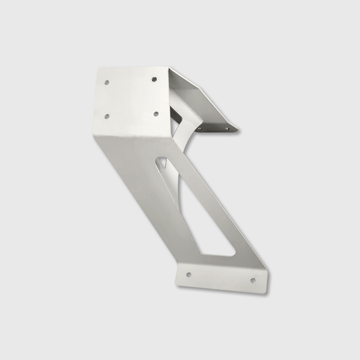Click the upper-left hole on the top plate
[x=107, y=82]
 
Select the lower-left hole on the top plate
[x=107, y=115]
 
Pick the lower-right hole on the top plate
[x=155, y=113]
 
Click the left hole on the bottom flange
[x=189, y=274]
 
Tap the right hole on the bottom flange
[x=253, y=279]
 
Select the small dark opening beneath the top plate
[x=175, y=113]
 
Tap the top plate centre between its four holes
[x=131, y=97]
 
